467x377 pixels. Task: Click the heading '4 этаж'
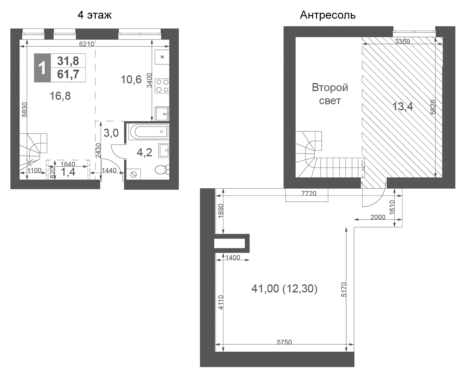click(94, 15)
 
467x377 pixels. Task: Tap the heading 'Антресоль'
click(327, 15)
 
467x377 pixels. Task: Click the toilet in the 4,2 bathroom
click(162, 170)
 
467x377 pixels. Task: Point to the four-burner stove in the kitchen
click(162, 86)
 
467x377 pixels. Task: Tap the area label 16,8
click(60, 96)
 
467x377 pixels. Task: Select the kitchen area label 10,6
click(131, 80)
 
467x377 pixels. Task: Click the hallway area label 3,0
click(111, 133)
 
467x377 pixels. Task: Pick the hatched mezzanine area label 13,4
click(403, 107)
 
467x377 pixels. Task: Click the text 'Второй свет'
click(330, 94)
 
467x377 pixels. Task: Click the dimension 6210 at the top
click(86, 44)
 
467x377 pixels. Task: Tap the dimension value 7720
click(309, 193)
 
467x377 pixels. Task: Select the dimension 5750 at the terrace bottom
click(284, 342)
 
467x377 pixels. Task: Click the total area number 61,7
click(68, 75)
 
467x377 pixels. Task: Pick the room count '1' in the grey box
click(42, 68)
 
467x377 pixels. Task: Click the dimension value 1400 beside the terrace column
click(233, 258)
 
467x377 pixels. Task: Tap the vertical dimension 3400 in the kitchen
click(150, 80)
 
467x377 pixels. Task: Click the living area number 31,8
click(68, 61)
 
